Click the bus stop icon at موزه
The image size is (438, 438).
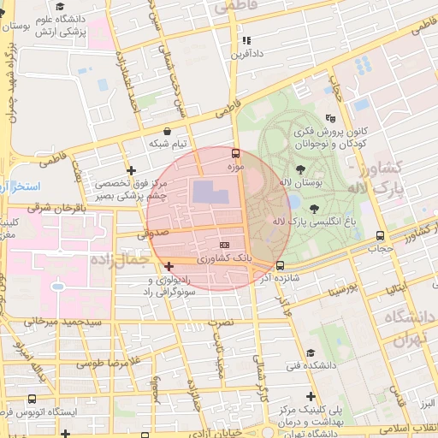point(235,153)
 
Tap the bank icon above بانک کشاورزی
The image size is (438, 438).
point(225,245)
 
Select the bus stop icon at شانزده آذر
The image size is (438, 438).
point(281,265)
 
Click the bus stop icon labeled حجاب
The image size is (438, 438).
point(380,236)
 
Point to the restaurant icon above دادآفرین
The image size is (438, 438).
point(246,40)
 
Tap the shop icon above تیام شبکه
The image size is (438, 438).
point(167,132)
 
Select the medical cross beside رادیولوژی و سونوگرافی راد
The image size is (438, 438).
point(169,267)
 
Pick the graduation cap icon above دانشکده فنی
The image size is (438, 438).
point(311,352)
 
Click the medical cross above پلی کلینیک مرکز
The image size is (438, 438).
point(311,396)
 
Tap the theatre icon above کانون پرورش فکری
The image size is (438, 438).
point(330,118)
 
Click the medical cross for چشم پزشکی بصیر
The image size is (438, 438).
point(130,170)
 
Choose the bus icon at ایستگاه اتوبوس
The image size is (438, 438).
point(33,399)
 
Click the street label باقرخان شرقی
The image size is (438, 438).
point(56,207)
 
